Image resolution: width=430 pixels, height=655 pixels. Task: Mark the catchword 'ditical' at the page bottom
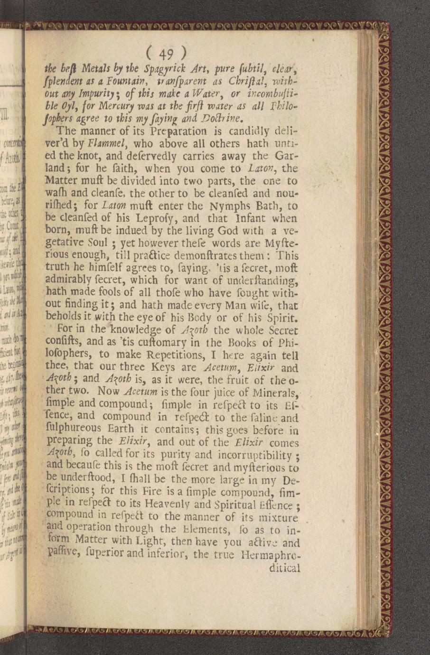click(x=284, y=568)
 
